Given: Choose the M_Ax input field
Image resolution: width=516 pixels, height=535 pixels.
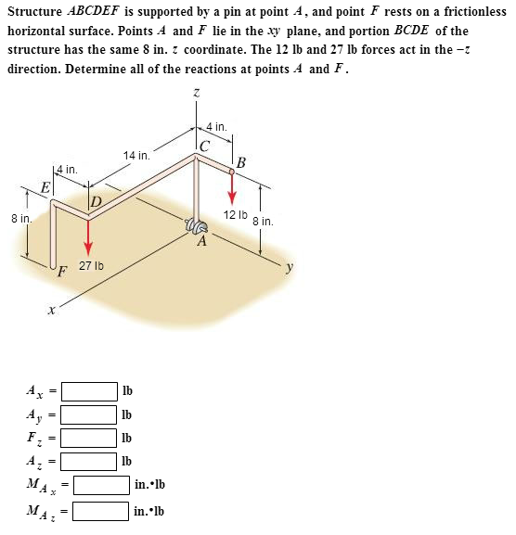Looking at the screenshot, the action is [101, 485].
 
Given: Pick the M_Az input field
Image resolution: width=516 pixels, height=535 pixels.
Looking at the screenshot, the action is [101, 510].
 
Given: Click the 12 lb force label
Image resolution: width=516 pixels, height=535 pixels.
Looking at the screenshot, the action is [235, 215].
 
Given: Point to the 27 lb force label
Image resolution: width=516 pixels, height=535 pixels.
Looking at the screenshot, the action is [91, 266].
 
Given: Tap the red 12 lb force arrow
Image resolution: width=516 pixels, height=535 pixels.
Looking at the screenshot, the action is [233, 188].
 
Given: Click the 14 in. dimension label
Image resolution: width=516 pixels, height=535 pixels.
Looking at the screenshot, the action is [135, 156].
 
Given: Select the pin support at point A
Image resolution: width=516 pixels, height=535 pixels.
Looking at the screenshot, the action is [195, 227].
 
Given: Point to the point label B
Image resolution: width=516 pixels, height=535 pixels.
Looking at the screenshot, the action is [241, 164].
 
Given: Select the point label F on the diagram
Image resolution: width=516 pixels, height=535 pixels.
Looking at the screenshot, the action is [62, 272].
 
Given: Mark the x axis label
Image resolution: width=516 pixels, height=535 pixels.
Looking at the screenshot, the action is [52, 312].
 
